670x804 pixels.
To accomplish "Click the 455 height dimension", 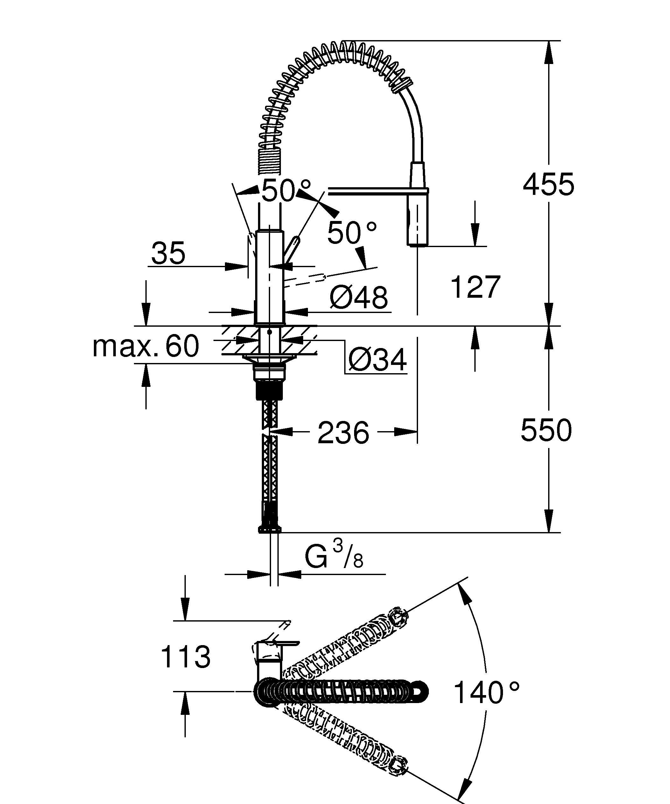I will click(548, 185).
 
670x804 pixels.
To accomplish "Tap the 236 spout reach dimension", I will click(343, 433).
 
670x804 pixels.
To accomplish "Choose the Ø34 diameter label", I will click(377, 359).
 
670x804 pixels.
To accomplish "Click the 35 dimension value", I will click(168, 253).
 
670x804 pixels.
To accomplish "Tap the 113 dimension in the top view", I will click(186, 657).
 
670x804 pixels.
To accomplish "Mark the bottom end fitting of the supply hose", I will click(270, 529).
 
